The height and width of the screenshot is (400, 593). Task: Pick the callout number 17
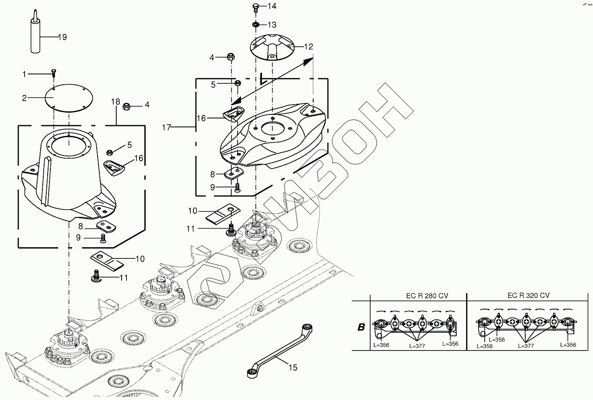(x=167, y=128)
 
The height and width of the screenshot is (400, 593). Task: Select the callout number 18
(x=115, y=102)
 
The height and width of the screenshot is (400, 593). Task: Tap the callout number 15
(x=293, y=368)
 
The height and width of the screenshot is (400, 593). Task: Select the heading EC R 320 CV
(x=528, y=295)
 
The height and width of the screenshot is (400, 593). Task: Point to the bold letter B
(x=361, y=327)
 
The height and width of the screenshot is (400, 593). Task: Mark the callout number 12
(x=309, y=46)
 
